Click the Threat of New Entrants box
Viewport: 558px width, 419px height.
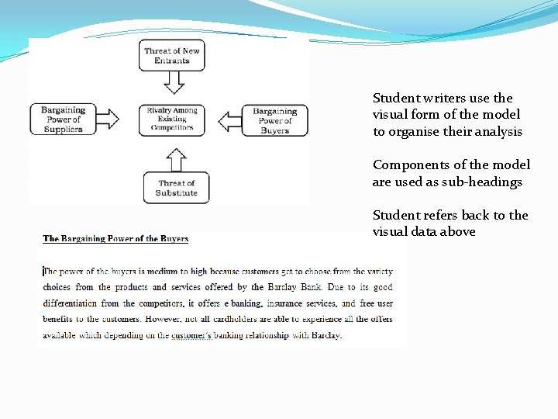tap(172, 56)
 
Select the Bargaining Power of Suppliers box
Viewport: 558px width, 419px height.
tap(63, 119)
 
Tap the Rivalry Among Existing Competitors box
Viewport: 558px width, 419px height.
tap(172, 119)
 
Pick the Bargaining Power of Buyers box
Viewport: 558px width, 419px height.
tap(274, 120)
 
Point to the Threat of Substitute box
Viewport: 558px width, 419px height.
tap(176, 188)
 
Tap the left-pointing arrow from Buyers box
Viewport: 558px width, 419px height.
tap(229, 121)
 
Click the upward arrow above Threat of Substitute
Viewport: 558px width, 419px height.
tap(177, 159)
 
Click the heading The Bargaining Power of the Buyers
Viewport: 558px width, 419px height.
tap(115, 239)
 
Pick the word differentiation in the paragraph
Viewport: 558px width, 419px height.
tap(71, 303)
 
